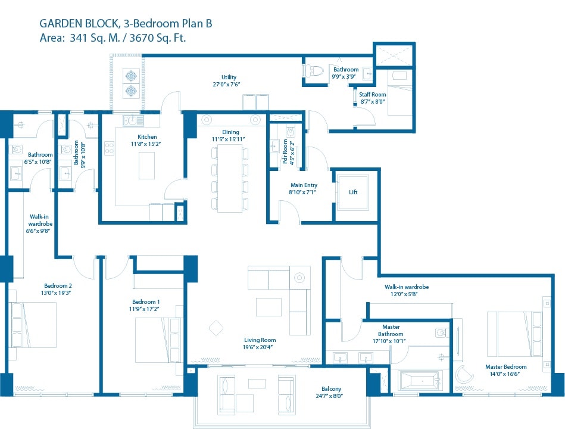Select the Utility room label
click(x=229, y=77)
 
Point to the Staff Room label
click(x=372, y=95)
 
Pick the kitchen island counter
click(x=147, y=165)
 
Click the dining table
click(x=230, y=178)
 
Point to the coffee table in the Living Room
click(x=269, y=306)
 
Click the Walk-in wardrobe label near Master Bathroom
click(x=406, y=287)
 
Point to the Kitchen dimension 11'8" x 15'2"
click(x=146, y=144)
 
